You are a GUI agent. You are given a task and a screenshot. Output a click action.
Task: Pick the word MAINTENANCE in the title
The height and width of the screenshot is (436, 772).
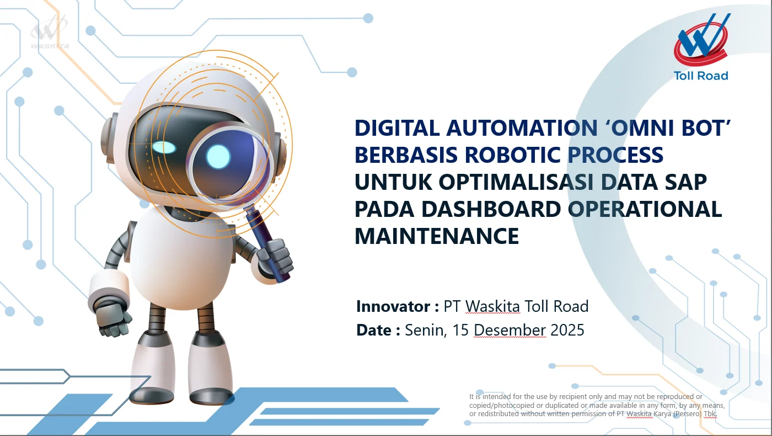(437, 236)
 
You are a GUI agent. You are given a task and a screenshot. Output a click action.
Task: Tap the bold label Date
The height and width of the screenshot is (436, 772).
(373, 331)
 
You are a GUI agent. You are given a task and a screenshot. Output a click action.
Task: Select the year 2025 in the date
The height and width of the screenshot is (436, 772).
(567, 331)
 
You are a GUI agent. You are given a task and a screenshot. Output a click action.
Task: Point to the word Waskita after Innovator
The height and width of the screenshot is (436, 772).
(492, 306)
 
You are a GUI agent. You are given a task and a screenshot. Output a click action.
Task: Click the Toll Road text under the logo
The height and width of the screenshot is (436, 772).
(701, 76)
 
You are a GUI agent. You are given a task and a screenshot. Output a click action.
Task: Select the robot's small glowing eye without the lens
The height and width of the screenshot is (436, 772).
(164, 147)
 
